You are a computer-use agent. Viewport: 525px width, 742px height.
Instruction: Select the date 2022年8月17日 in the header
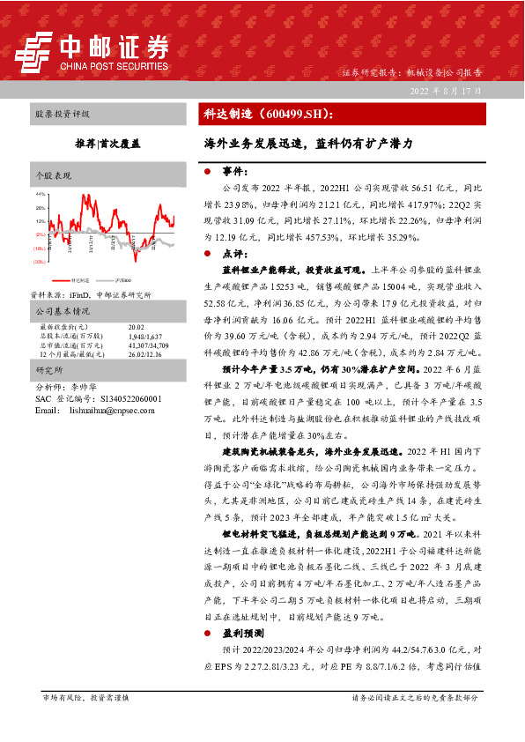click(446, 91)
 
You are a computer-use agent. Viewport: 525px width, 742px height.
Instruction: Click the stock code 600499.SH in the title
click(287, 115)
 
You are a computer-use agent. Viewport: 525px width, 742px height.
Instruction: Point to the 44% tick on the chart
click(41, 194)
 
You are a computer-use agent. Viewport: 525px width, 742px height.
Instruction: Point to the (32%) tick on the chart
click(41, 262)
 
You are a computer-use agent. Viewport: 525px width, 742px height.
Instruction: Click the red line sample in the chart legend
click(71, 277)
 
